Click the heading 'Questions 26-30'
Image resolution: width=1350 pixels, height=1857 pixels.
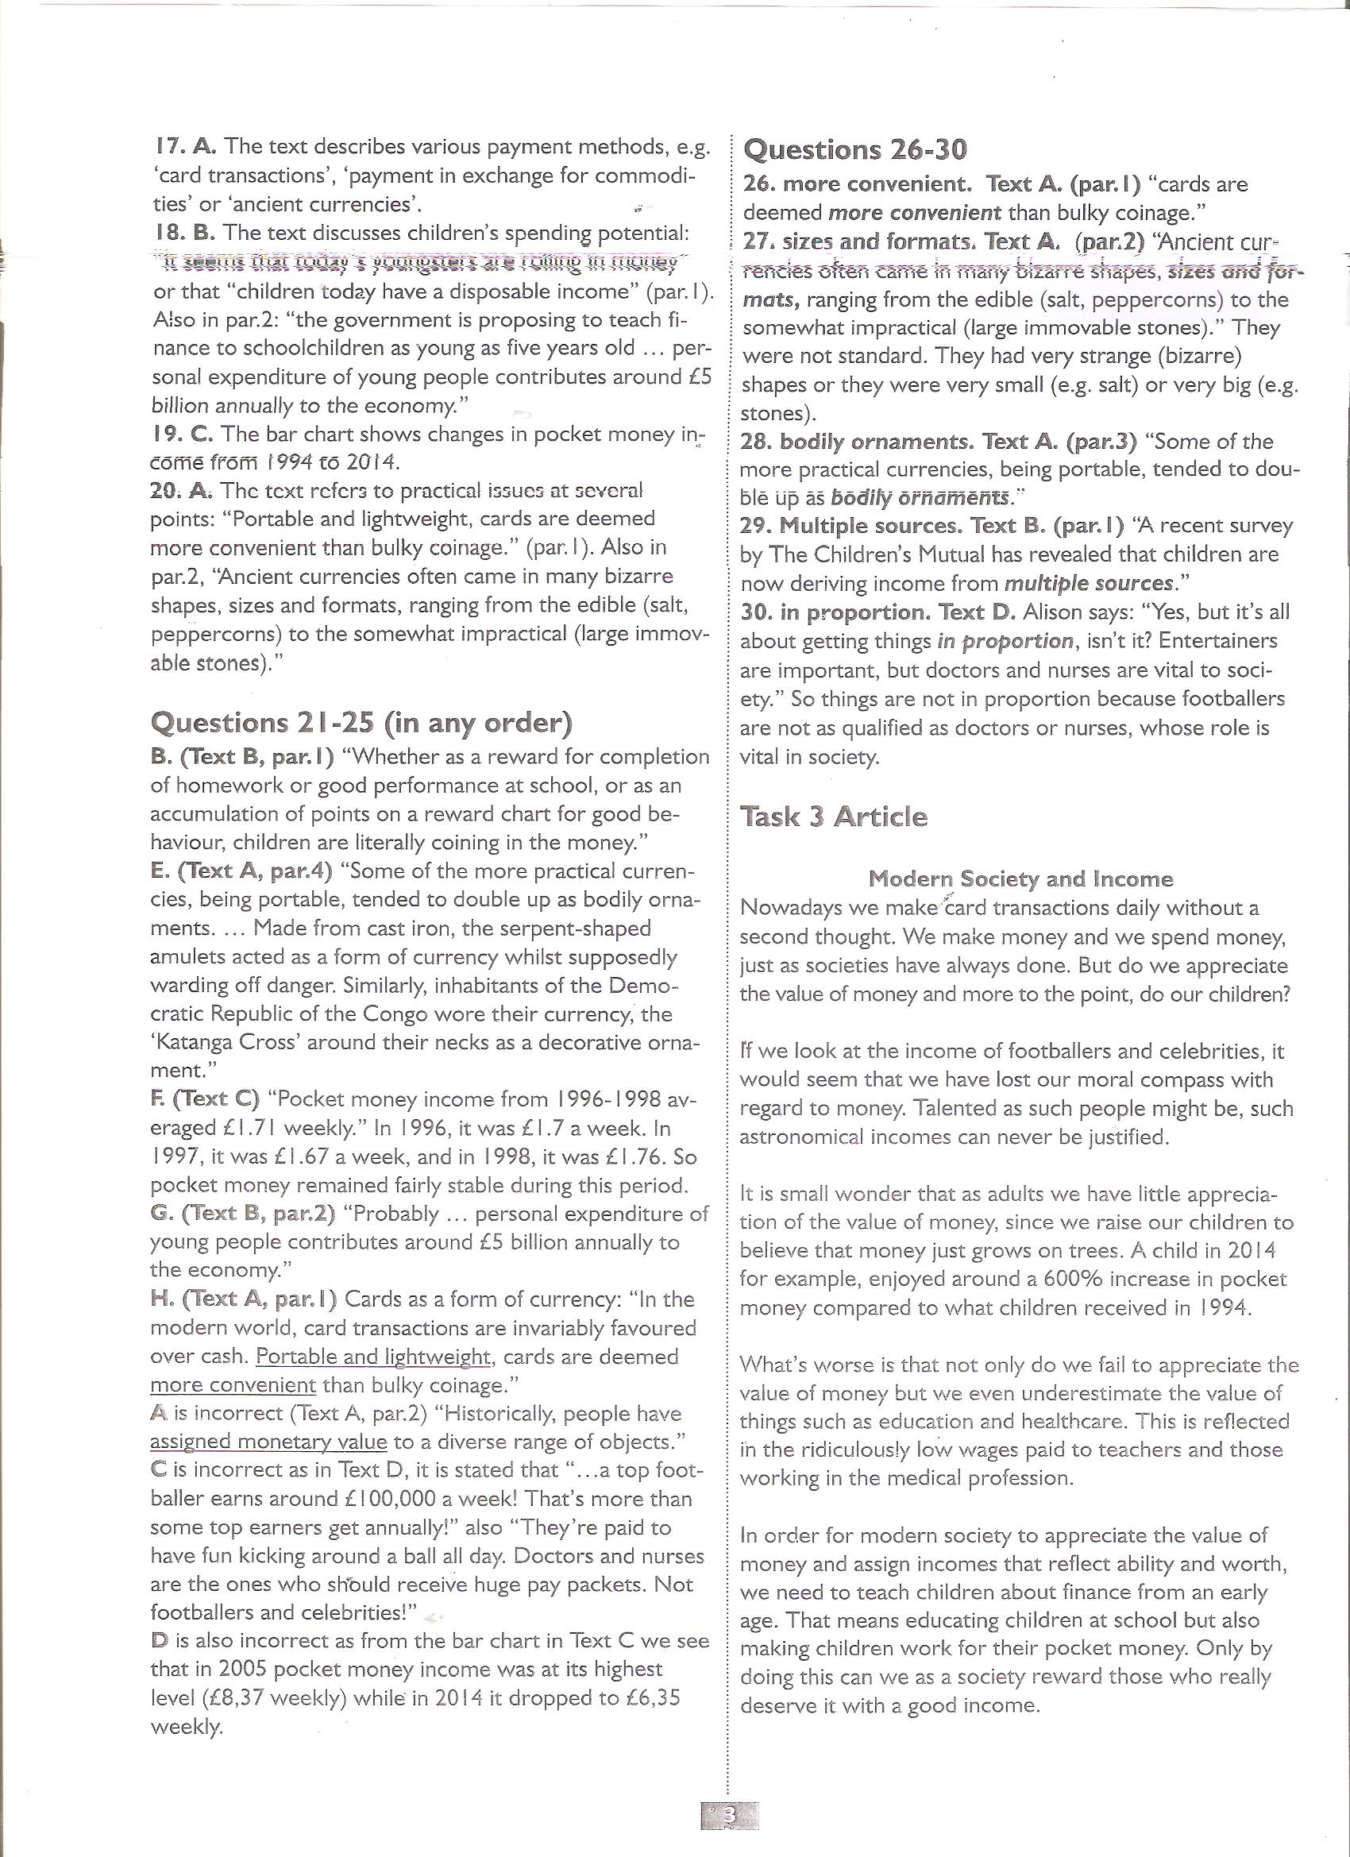pyautogui.click(x=854, y=150)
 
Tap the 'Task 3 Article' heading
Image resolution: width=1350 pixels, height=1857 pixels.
pyautogui.click(x=832, y=817)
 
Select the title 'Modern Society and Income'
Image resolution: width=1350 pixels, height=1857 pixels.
pyautogui.click(x=1020, y=879)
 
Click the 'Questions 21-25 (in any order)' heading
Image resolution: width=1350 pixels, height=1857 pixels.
pyautogui.click(x=361, y=723)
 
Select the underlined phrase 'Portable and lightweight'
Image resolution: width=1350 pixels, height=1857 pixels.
pyautogui.click(x=372, y=1357)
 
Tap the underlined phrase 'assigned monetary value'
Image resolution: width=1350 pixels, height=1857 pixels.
pyautogui.click(x=269, y=1442)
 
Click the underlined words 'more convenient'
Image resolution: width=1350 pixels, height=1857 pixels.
pyautogui.click(x=233, y=1385)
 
